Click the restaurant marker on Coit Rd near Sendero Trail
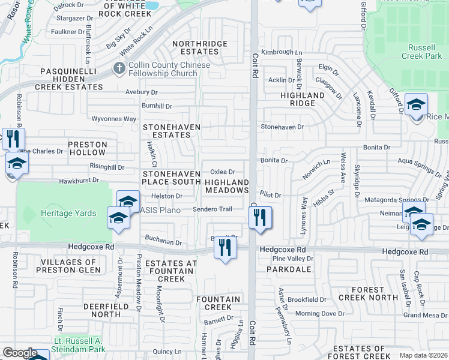[x=260, y=218]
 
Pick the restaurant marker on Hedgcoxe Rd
[x=225, y=247]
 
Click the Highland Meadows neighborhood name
[x=227, y=186]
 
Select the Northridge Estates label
[x=200, y=47]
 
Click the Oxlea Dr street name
[x=222, y=172]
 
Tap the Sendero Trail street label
[x=212, y=209]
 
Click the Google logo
[x=19, y=353]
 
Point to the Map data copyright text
[x=423, y=355]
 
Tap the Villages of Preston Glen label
[x=67, y=266]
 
